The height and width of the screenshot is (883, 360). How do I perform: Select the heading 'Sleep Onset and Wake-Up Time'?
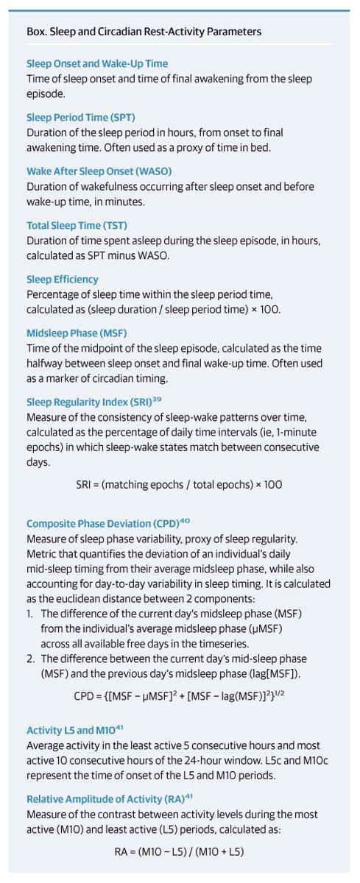(x=97, y=64)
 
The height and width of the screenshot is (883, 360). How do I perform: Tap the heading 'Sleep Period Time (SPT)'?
(x=81, y=117)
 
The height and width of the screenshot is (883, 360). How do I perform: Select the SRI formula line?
(x=180, y=485)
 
